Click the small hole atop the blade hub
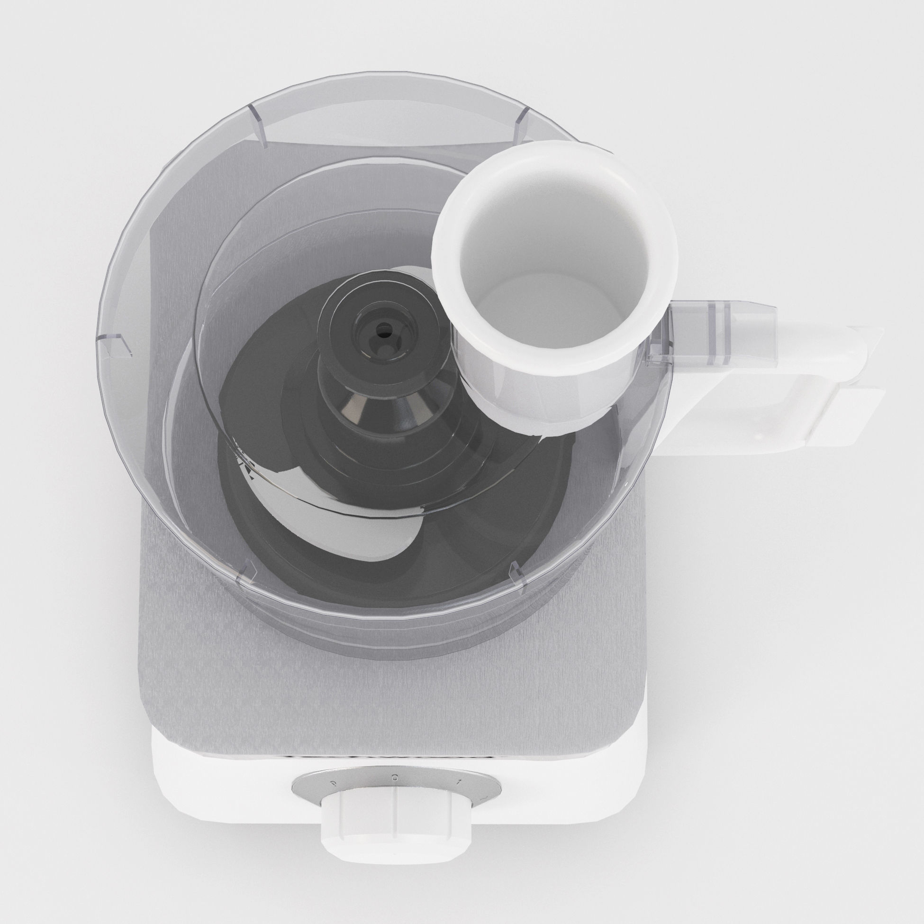click(383, 330)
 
